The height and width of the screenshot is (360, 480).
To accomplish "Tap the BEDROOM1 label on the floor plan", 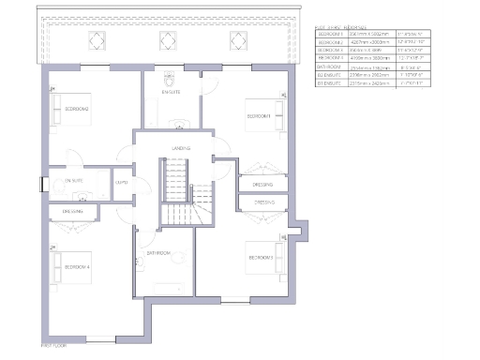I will tap(259, 116).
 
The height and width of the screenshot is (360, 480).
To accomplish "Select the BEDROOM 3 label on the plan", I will tap(261, 258).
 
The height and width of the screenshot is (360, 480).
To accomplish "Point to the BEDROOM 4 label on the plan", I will tap(78, 268).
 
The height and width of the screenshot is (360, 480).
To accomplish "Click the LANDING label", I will tap(181, 148).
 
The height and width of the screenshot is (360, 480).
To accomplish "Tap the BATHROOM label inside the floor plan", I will tap(157, 253).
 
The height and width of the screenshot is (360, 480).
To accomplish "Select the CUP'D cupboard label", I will tap(121, 182).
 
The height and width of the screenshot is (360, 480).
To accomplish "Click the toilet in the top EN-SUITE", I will tap(169, 79).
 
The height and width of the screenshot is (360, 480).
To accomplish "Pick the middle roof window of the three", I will tap(168, 41).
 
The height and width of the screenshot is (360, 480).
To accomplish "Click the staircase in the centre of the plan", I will tap(175, 192).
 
